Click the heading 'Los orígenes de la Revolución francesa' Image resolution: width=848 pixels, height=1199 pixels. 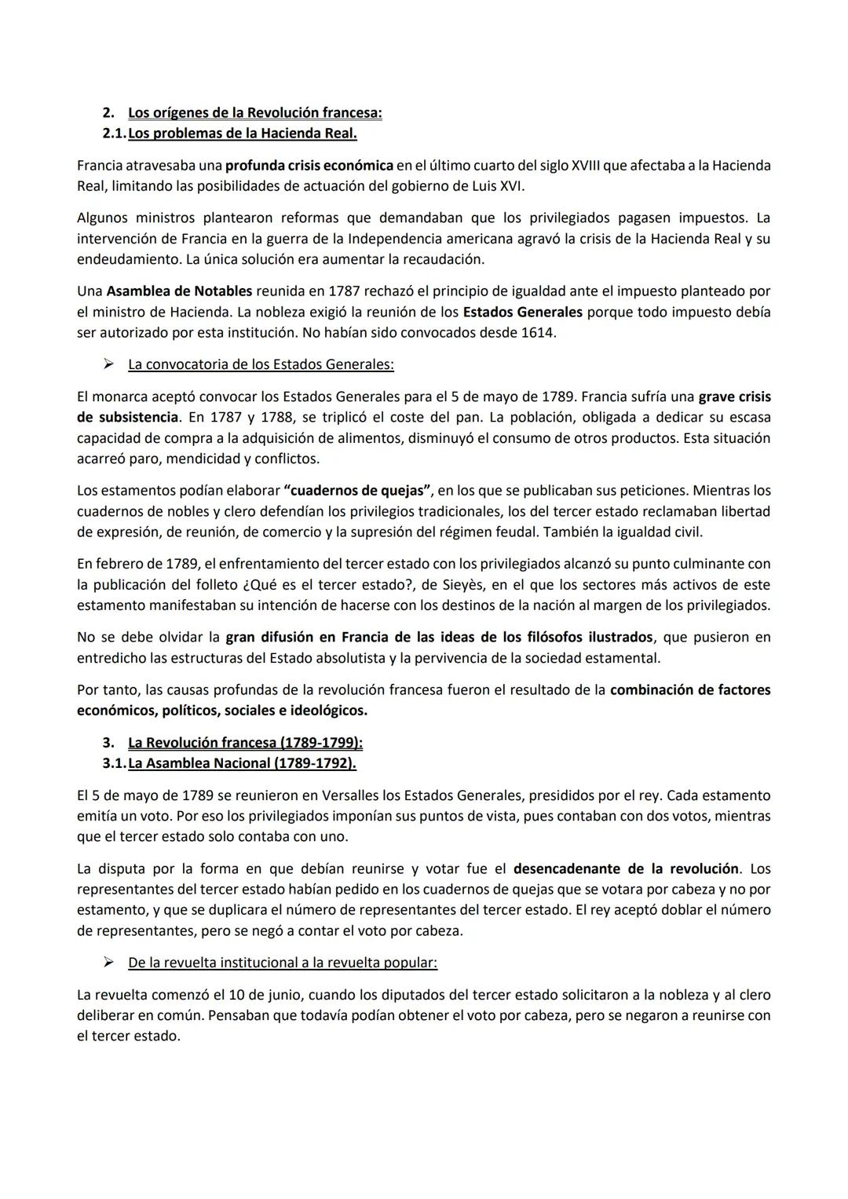coord(254,113)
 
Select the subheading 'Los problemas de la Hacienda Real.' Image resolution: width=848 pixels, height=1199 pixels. coord(242,133)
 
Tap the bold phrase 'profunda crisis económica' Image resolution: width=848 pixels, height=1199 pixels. coord(309,166)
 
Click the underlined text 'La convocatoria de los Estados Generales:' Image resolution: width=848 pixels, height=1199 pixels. coord(261,365)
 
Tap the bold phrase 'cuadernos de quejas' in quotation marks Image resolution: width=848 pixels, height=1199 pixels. coord(356,491)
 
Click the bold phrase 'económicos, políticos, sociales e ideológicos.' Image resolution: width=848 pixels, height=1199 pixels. coord(222,711)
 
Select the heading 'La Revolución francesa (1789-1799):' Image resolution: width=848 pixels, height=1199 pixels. coord(245,743)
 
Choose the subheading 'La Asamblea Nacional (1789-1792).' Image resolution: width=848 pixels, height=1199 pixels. coord(242,763)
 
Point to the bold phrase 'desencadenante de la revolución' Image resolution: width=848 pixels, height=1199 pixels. coord(625,869)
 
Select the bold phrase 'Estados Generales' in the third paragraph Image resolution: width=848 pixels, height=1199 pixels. coord(522,313)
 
